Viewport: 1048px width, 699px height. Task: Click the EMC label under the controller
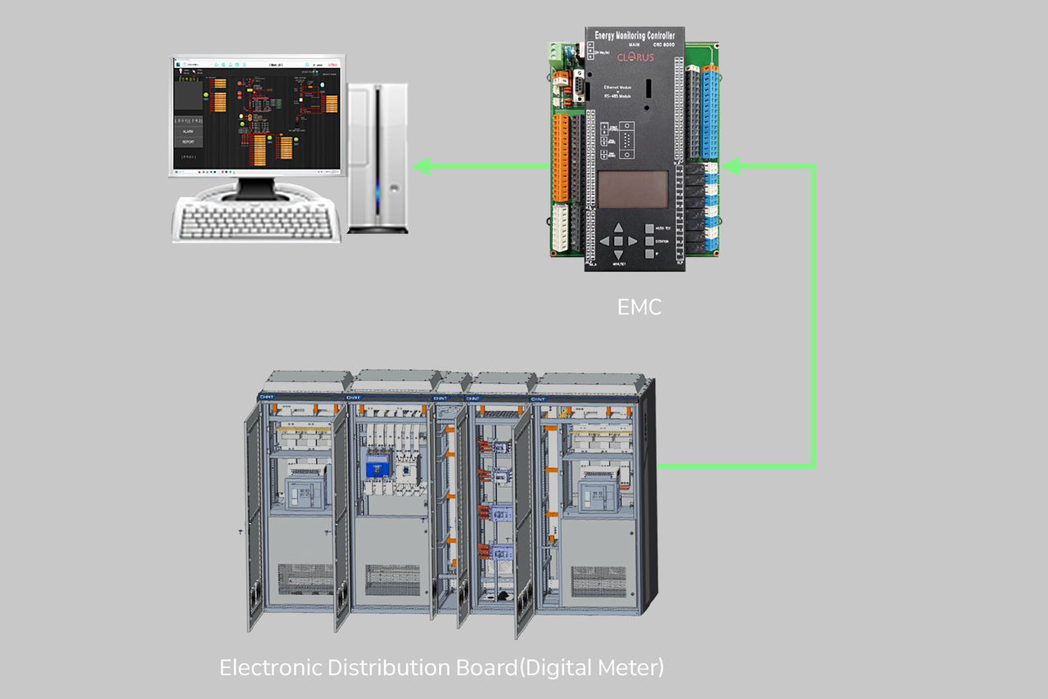point(639,308)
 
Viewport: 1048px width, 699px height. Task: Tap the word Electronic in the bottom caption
point(270,667)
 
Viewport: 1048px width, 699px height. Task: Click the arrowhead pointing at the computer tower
point(422,167)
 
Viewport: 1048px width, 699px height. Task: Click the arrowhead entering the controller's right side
point(732,167)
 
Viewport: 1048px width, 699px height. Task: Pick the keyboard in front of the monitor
point(256,219)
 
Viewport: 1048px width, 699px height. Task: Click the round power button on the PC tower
point(394,187)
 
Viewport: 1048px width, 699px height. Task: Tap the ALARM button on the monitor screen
point(188,131)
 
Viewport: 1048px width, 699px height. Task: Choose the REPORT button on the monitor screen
point(188,142)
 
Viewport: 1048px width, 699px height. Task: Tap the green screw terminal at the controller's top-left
point(558,50)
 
